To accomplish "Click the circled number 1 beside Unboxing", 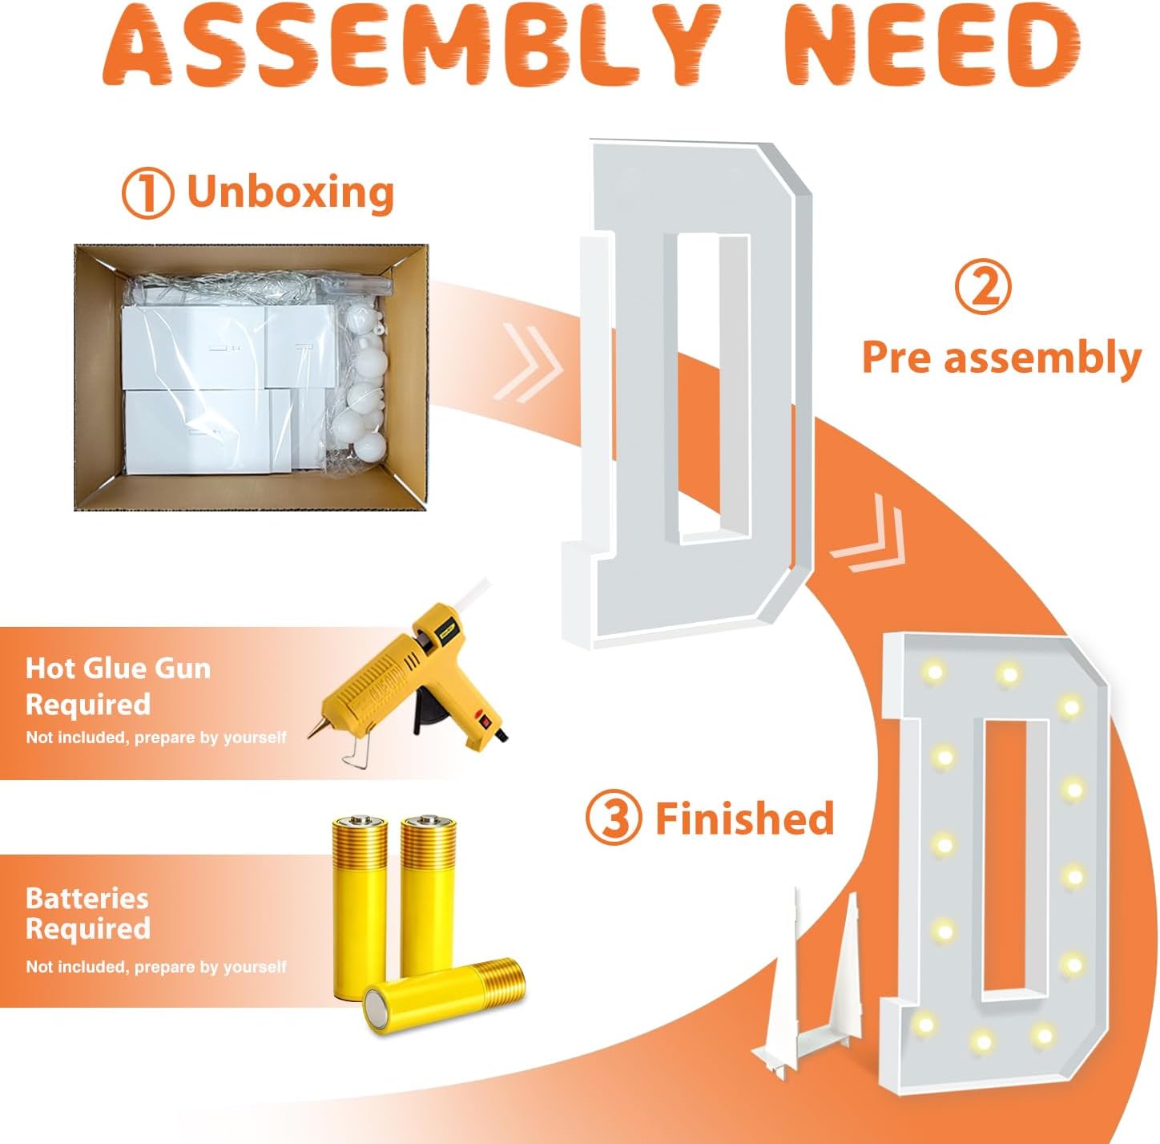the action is click(147, 193).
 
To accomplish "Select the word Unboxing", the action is click(291, 192).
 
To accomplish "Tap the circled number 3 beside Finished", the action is click(614, 819).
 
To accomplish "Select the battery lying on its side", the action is click(444, 998).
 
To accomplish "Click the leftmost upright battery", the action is click(360, 908).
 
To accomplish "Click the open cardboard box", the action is click(251, 377).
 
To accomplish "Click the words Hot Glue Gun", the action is click(119, 669).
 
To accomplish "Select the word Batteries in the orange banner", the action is click(87, 899).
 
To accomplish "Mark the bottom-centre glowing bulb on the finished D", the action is click(982, 1041).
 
